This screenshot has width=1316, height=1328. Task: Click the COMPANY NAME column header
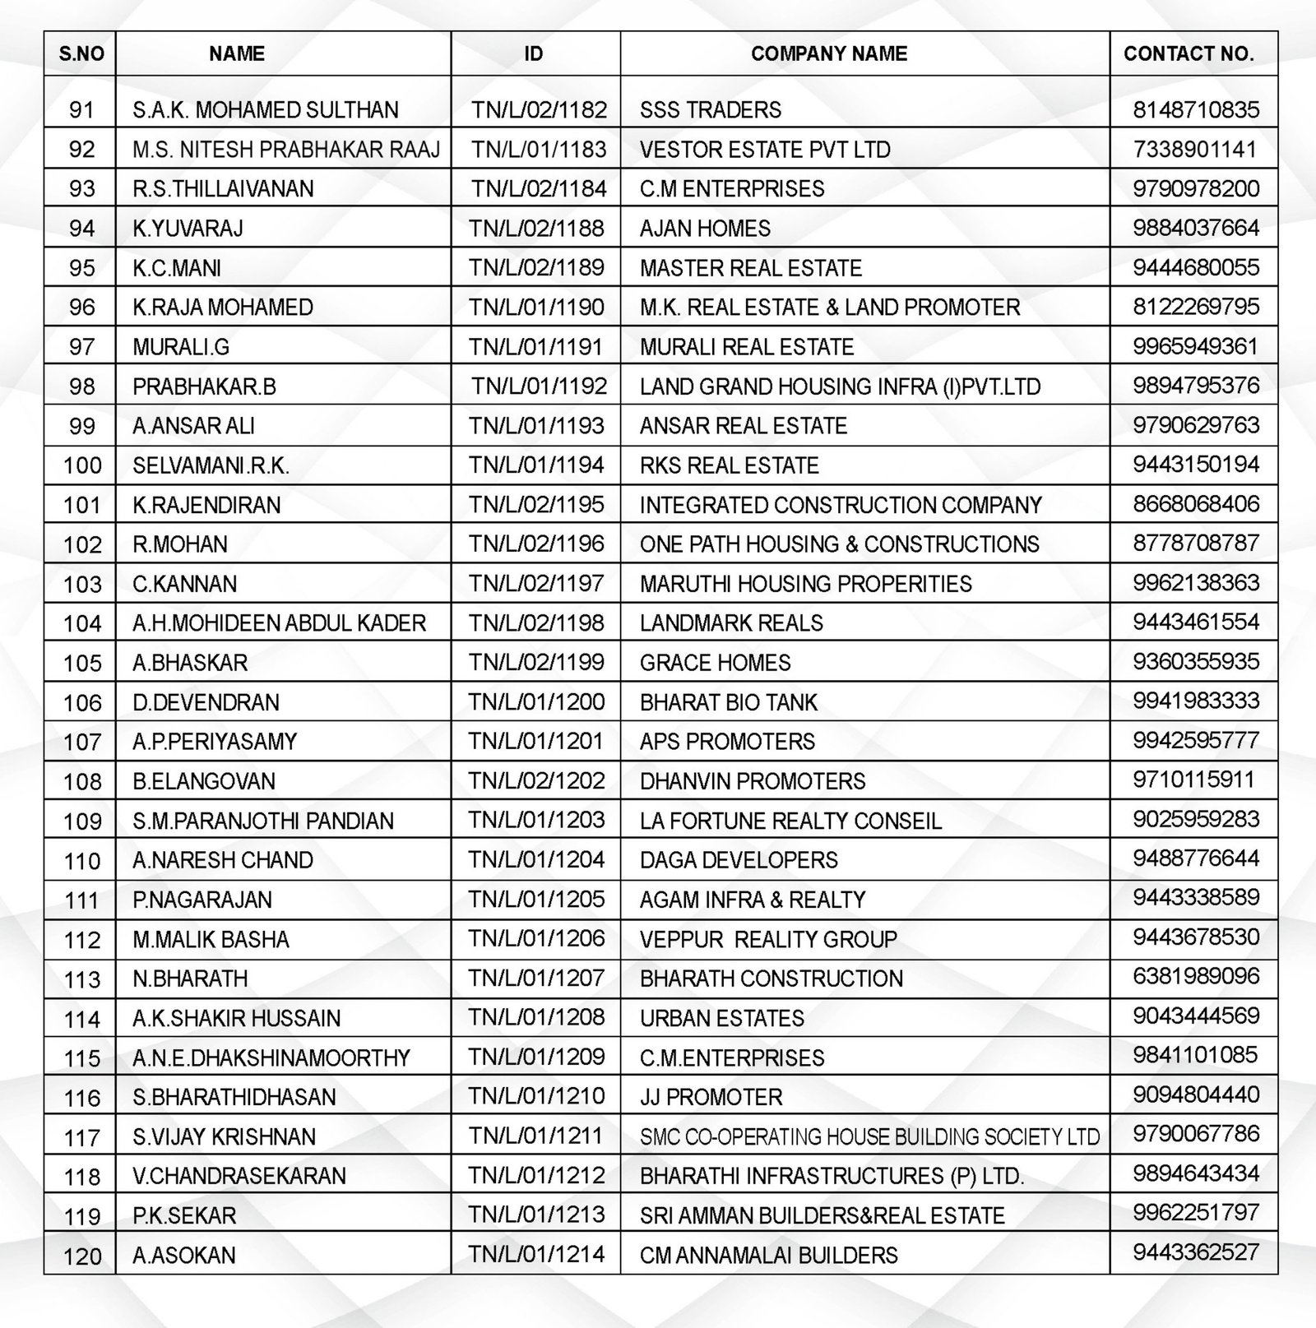828,54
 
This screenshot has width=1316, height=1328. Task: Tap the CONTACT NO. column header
1189,54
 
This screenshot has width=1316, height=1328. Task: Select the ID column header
534,54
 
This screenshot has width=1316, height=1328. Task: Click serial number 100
82,465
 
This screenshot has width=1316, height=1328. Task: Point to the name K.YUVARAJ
188,229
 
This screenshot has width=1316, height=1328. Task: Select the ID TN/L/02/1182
539,110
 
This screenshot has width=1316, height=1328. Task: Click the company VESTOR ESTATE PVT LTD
765,150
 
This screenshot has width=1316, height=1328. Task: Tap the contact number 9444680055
1196,267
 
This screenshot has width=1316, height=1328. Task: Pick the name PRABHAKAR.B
192,386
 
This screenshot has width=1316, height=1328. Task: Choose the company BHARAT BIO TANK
729,702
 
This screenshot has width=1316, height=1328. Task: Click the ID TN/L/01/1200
536,702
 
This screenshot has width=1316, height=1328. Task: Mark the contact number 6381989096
1196,977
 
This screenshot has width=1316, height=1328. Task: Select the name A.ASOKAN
184,1256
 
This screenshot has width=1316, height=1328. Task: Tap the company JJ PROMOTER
711,1097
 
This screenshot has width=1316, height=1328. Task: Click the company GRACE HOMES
715,663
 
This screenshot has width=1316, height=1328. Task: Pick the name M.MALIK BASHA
211,939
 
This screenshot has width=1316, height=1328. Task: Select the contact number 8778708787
1196,544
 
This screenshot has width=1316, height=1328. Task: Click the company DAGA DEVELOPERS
739,860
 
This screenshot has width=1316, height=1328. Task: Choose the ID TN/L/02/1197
536,584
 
